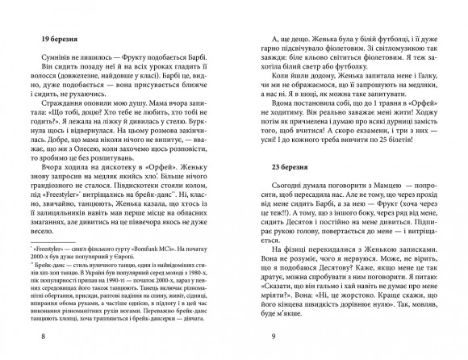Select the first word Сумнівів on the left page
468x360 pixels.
(x=48, y=63)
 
